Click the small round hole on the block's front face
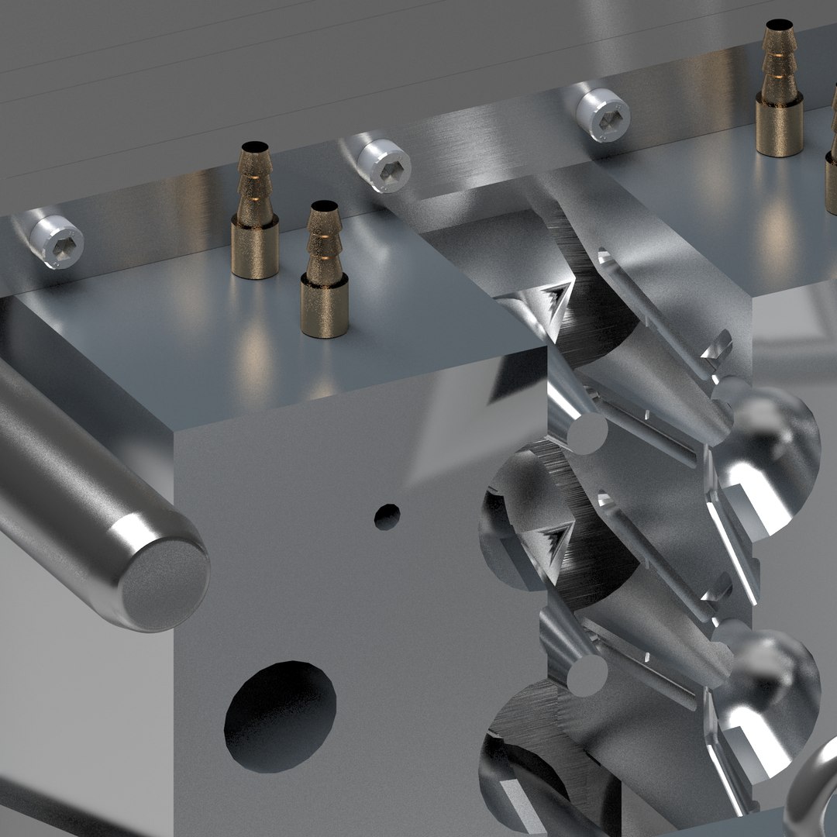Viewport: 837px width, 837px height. (387, 516)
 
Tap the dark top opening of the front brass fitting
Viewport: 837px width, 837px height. (324, 207)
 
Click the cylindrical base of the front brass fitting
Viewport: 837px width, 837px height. (324, 310)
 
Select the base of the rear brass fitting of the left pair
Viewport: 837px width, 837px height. (254, 250)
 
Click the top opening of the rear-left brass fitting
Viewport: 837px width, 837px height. (254, 146)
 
